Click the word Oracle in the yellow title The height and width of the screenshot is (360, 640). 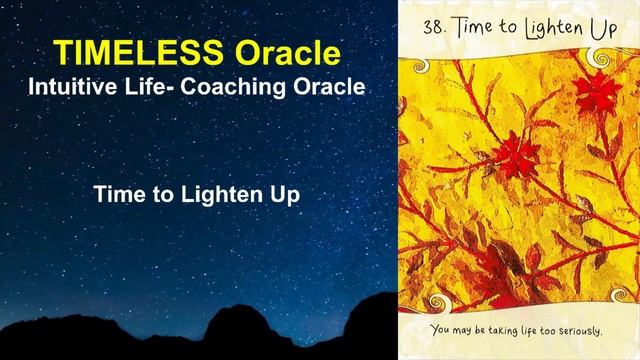(x=287, y=50)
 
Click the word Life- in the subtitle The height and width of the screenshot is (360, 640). (x=160, y=87)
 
